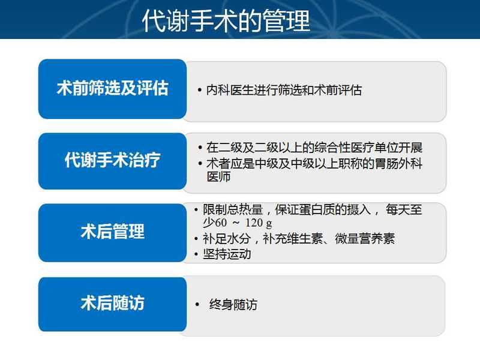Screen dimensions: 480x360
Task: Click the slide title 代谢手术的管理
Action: tap(226, 20)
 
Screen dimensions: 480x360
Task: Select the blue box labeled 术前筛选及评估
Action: tap(112, 89)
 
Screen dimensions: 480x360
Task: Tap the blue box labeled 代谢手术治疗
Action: tap(112, 161)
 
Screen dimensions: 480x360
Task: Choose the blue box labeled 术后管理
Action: tap(112, 232)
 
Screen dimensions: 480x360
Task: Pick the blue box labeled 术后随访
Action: tap(112, 304)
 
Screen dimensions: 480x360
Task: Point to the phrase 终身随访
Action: tap(233, 305)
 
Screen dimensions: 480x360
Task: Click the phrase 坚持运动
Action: tap(227, 254)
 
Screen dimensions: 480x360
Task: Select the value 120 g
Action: tap(259, 223)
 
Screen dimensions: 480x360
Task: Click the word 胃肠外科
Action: tap(398, 163)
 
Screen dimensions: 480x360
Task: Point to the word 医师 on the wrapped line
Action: tap(218, 176)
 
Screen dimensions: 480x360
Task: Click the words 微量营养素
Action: tap(365, 238)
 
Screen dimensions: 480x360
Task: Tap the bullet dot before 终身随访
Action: tap(197, 305)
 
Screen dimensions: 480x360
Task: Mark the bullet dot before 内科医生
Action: tap(200, 91)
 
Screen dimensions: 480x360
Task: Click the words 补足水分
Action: tap(227, 238)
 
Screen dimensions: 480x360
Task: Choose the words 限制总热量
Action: tap(233, 209)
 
